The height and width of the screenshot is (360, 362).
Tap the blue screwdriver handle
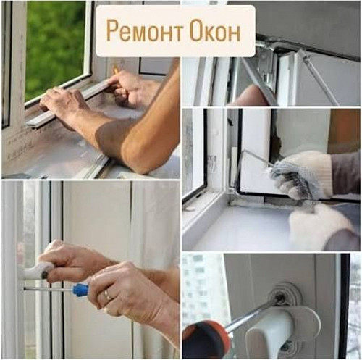80,289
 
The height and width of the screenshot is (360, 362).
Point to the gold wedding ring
106,296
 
